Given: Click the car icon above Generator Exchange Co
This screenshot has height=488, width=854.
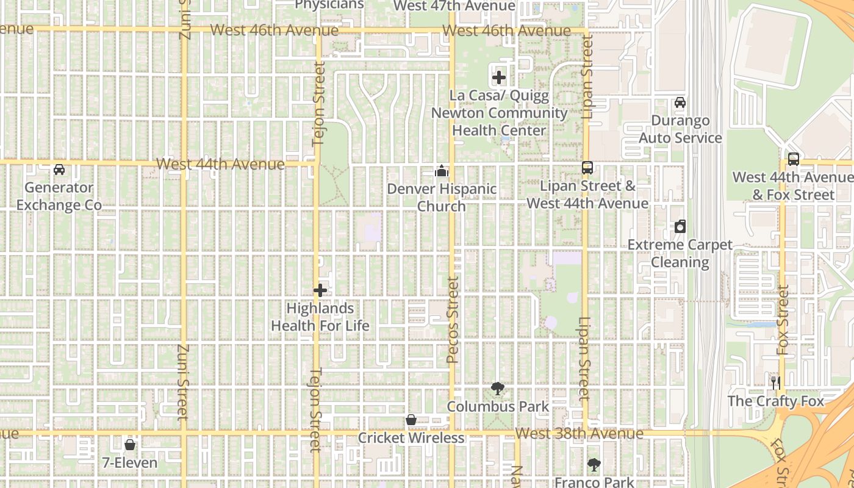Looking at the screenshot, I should [59, 169].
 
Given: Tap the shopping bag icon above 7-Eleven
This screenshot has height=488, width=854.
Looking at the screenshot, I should [129, 444].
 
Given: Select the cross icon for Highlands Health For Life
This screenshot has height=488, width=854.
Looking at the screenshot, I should [320, 290].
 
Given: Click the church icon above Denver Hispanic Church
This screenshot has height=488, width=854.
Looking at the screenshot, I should [441, 171].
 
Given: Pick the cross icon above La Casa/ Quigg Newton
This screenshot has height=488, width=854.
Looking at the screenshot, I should [499, 77].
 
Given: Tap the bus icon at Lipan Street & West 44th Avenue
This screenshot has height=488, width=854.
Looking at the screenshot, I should [587, 167].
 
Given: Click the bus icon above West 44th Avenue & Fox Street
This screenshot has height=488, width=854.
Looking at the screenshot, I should [793, 159].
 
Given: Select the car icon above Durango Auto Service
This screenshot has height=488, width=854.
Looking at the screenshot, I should [680, 102].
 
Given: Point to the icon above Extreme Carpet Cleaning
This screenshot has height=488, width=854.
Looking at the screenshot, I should [680, 226].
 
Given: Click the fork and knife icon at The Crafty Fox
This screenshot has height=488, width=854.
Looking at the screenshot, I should [776, 382].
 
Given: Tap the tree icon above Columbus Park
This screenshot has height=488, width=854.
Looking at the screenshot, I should [498, 388].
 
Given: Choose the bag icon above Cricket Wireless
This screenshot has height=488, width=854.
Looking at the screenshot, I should [411, 420].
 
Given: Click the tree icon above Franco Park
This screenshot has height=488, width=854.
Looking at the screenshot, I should [594, 465].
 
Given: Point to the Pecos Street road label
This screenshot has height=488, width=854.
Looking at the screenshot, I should [452, 320].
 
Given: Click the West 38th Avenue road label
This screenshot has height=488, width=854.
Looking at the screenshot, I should [579, 434].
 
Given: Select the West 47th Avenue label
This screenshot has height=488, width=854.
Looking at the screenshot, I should [454, 6].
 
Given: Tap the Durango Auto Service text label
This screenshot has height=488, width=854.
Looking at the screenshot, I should [680, 129].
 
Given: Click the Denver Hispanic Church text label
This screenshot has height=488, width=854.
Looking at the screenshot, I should [442, 197].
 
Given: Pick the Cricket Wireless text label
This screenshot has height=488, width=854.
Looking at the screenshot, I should [411, 438].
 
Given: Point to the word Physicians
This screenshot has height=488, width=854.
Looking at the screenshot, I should [329, 5].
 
